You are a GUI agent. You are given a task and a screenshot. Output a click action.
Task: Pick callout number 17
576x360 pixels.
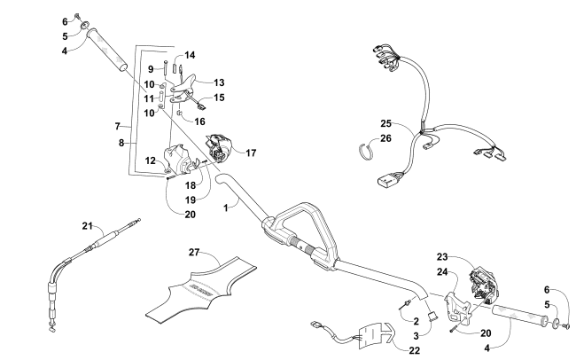pyautogui.click(x=252, y=152)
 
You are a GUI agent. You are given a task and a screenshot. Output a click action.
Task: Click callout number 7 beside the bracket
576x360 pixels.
pyautogui.click(x=117, y=128)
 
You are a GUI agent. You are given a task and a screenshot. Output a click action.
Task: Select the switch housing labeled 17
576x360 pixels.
pyautogui.click(x=221, y=147)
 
